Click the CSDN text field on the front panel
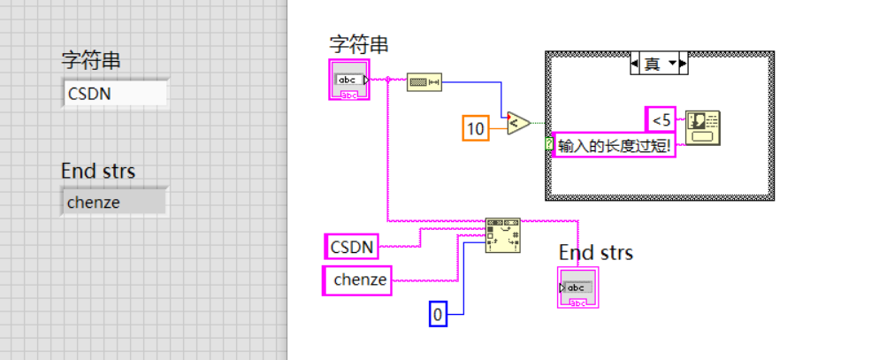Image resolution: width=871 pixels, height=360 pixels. (114, 93)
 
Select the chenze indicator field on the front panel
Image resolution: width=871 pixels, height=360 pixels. (112, 203)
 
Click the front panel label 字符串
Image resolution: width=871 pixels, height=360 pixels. (90, 60)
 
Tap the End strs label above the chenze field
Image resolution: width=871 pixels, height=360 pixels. (97, 171)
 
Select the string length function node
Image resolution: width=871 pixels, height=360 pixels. (424, 81)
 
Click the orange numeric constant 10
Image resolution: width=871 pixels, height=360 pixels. (476, 128)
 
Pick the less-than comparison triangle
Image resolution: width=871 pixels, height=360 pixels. (517, 122)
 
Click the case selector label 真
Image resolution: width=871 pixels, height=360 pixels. (653, 64)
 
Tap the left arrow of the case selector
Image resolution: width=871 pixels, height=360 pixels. (634, 64)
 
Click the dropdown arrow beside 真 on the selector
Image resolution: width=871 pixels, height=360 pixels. (674, 64)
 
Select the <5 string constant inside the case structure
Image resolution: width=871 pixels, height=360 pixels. (661, 119)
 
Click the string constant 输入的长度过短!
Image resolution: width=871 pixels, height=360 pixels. (614, 145)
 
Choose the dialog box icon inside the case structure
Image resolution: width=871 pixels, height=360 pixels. (703, 126)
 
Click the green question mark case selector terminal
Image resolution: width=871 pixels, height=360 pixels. (549, 142)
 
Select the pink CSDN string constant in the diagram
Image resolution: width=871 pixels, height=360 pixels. (352, 246)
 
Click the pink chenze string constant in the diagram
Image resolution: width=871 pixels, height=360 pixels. (356, 280)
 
